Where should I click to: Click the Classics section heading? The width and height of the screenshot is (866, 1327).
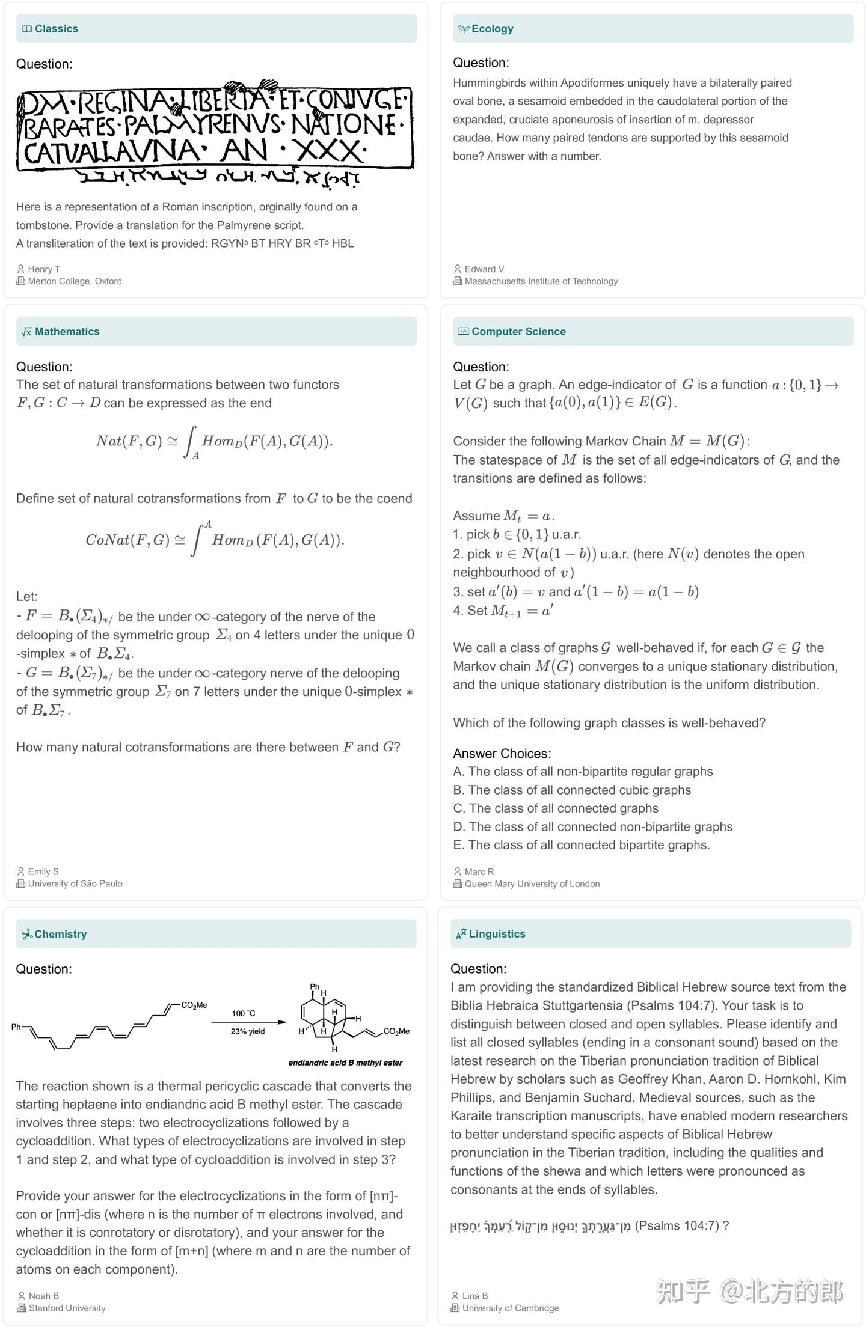(x=56, y=29)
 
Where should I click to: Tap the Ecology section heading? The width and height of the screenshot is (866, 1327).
(x=492, y=29)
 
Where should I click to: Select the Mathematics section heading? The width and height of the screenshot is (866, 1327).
(x=67, y=332)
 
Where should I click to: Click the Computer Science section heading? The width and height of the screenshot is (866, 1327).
(x=518, y=332)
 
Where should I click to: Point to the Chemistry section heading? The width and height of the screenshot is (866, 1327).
(x=60, y=934)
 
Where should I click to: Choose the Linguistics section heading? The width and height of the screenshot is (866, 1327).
(x=497, y=934)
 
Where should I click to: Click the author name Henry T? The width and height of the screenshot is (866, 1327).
(x=44, y=269)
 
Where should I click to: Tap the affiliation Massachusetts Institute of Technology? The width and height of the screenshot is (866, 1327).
(x=541, y=281)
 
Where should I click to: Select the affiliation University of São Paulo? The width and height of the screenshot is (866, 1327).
(x=75, y=883)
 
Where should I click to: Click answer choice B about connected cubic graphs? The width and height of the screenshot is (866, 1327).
(x=572, y=790)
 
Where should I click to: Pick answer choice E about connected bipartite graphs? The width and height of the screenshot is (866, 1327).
(x=581, y=845)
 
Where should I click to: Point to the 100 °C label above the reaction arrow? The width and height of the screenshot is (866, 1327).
(x=244, y=1013)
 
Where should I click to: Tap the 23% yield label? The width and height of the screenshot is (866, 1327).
(x=247, y=1031)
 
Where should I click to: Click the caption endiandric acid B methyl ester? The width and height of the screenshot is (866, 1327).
(x=345, y=1063)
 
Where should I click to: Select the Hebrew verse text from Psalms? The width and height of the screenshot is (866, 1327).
(x=540, y=1226)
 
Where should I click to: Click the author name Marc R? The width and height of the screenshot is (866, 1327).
(x=479, y=871)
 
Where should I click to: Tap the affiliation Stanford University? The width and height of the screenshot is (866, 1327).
(x=67, y=1308)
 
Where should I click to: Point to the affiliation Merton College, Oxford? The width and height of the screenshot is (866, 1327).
(x=75, y=281)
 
